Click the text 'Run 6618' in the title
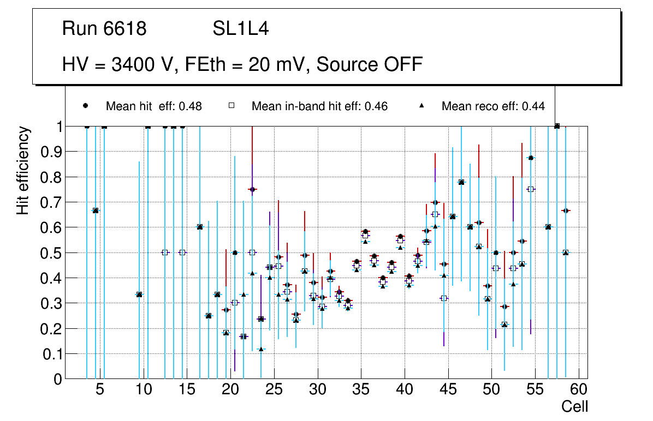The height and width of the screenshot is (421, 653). coord(104,29)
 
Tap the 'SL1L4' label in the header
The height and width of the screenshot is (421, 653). coord(240,29)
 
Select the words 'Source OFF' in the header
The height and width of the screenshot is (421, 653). coord(370,64)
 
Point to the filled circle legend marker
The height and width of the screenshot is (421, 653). coord(86,106)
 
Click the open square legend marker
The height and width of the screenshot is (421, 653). coord(231,106)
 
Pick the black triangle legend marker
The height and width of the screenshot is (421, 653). coord(422,106)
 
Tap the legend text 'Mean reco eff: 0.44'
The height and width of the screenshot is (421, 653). coord(493,106)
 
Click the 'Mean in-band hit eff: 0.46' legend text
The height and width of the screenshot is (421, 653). coord(319,106)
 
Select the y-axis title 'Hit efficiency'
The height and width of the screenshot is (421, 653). coord(23,170)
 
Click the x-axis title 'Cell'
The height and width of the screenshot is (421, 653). coord(575,406)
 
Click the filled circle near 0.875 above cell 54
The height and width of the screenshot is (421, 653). coord(531,158)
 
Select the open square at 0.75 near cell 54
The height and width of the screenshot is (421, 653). coord(531,189)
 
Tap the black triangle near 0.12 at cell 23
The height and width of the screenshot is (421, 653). coord(261,349)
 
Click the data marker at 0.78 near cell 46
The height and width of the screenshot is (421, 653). coord(461,182)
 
